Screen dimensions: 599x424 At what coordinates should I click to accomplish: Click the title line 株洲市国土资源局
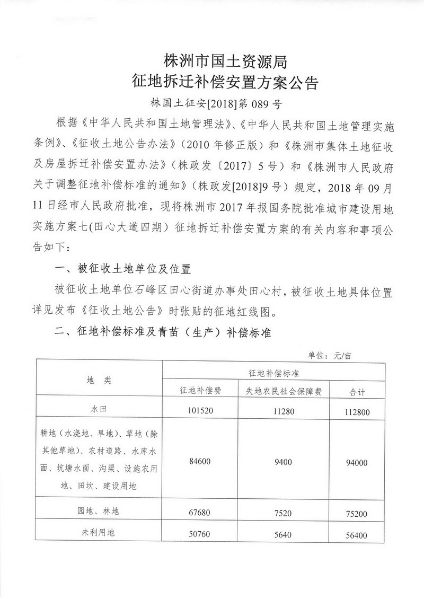pyautogui.click(x=226, y=62)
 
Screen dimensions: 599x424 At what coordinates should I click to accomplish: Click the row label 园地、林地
pyautogui.click(x=99, y=511)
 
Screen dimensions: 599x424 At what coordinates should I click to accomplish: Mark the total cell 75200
pyautogui.click(x=358, y=514)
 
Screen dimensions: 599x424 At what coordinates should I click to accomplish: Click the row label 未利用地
pyautogui.click(x=99, y=533)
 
